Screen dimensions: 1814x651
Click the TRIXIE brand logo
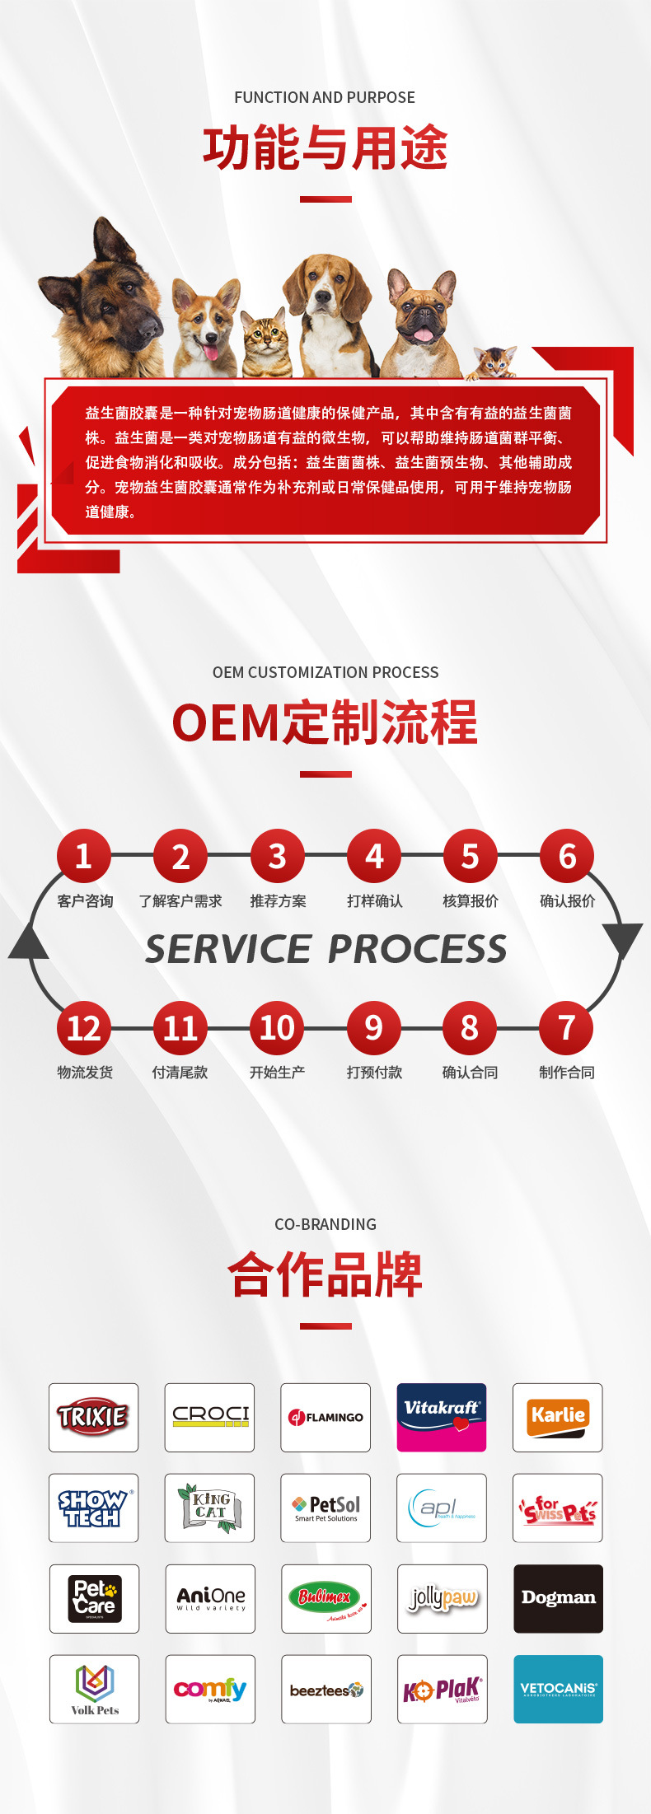93,1417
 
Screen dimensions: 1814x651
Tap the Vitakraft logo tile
442,1417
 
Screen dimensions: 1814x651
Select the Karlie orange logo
558,1417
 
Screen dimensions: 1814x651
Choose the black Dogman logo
558,1598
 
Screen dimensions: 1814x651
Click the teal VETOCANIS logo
558,1689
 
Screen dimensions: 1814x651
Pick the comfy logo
209,1689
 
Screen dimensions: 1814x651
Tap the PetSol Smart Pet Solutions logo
325,1508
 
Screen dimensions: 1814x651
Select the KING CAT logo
209,1508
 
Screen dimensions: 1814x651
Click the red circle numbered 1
83,856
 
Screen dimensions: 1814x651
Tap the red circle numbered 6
567,856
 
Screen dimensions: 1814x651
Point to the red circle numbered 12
83,1028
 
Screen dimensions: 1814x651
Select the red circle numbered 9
373,1028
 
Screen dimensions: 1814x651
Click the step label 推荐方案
278,901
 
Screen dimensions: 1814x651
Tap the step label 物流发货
85,1073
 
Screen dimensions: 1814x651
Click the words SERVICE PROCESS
325,949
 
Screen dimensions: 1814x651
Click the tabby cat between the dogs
265,342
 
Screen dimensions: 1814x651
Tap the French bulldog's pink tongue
423,334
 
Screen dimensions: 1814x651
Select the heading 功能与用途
325,148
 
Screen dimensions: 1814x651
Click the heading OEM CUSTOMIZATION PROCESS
325,672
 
